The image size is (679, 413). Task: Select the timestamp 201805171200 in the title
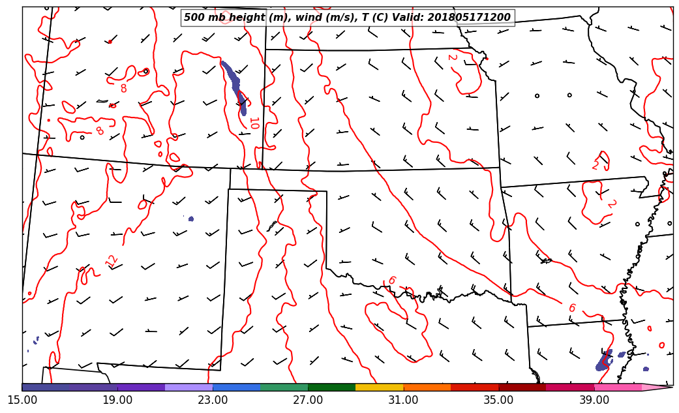(469, 18)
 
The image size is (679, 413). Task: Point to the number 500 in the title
(194, 18)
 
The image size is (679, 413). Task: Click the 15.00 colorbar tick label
(22, 399)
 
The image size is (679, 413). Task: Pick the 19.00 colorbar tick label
(117, 399)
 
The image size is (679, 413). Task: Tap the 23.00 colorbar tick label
(213, 399)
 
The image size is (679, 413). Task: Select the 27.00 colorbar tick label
(308, 399)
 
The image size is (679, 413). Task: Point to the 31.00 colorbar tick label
(403, 399)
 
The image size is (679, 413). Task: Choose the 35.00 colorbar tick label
(498, 399)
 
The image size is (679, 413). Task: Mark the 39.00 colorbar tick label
(594, 399)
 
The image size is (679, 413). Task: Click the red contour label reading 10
(254, 123)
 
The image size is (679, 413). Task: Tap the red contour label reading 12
(112, 261)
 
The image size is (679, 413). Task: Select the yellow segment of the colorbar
(379, 388)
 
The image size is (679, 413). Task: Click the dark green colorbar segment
(331, 388)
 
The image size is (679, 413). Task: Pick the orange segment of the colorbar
(427, 388)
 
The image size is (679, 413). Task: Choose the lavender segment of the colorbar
(189, 388)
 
